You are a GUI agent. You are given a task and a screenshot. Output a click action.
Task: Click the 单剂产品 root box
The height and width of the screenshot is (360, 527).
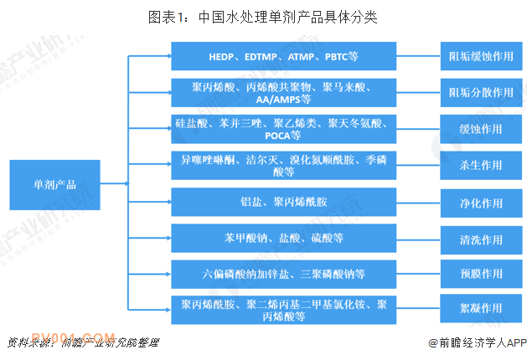(x=54, y=185)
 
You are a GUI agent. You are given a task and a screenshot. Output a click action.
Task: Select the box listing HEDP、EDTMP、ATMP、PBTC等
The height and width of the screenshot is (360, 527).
(x=284, y=56)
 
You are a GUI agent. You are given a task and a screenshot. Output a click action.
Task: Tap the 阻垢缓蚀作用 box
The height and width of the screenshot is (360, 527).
(x=481, y=56)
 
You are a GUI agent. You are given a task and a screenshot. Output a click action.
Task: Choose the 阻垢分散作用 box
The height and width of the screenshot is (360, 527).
(x=481, y=93)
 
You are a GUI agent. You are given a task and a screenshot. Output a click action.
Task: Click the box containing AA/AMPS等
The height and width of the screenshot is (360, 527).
(x=284, y=93)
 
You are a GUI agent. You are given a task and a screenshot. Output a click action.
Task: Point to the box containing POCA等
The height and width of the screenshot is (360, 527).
(x=284, y=129)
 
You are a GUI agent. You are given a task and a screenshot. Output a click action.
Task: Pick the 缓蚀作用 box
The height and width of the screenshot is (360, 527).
(x=481, y=129)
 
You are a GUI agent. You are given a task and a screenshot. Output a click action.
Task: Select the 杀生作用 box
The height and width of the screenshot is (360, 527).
(x=481, y=165)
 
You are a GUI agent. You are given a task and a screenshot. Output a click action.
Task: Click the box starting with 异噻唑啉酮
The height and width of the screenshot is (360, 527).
(x=284, y=165)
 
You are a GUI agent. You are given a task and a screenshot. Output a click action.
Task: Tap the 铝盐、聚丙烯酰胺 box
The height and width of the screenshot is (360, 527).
(x=284, y=202)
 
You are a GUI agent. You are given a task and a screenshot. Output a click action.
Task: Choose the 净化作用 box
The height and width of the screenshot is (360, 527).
(x=481, y=203)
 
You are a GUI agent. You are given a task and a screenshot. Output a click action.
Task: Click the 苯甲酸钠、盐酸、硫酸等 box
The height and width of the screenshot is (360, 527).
(x=284, y=238)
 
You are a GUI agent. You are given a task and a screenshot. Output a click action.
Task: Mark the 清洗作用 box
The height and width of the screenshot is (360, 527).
(x=481, y=239)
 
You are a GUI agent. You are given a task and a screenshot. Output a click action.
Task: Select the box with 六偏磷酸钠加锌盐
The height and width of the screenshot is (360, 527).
(x=284, y=274)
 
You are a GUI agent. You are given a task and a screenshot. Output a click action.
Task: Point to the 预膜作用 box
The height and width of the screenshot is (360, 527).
(x=481, y=274)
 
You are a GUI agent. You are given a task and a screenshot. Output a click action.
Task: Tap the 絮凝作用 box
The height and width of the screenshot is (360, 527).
(x=481, y=308)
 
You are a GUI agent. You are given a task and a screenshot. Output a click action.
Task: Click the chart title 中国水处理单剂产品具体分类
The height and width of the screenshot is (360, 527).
(x=263, y=17)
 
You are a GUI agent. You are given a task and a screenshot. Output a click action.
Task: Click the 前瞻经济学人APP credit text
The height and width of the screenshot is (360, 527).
(x=478, y=342)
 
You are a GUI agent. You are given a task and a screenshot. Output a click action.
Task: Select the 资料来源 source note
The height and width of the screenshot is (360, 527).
(x=83, y=342)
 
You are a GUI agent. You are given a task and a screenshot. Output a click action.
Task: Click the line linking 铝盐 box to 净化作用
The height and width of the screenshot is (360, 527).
(x=418, y=203)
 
